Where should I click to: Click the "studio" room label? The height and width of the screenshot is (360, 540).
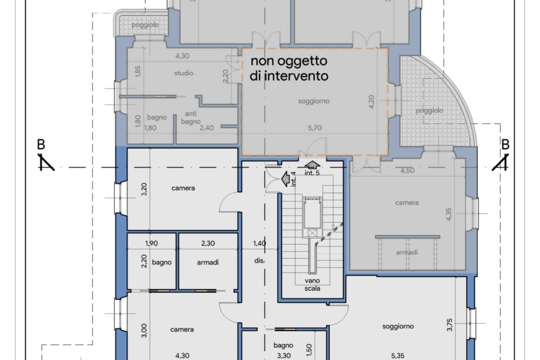coord(184,73)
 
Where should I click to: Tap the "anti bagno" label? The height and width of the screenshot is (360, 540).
coord(191,117)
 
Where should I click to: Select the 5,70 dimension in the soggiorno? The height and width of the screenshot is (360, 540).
coord(315,128)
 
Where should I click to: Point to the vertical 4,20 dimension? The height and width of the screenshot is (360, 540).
coord(372,102)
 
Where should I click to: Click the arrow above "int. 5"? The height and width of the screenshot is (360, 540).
coord(312,165)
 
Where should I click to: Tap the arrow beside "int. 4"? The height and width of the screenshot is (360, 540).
coord(285,179)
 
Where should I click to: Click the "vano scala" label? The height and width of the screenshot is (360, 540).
coord(312,284)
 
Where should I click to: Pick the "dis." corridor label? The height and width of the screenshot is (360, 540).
coord(259,261)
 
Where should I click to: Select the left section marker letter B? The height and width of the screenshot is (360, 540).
coord(41,145)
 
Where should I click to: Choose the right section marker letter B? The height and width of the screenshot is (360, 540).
coord(505,145)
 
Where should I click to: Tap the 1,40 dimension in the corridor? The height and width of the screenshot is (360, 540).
coord(260,243)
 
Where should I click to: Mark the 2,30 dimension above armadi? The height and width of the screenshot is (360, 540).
coord(208,243)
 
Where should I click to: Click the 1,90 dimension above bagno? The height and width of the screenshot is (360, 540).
coord(152,243)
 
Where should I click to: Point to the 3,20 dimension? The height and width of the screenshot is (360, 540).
coord(144,189)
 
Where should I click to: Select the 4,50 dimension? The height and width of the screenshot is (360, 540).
coord(407,171)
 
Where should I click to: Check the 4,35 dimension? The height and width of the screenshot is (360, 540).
coord(449,214)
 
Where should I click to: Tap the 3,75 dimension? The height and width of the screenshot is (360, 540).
coord(450,325)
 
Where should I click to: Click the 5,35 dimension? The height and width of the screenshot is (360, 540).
coord(398,355)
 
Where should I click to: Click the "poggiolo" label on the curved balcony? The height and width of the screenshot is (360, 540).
coord(430,111)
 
